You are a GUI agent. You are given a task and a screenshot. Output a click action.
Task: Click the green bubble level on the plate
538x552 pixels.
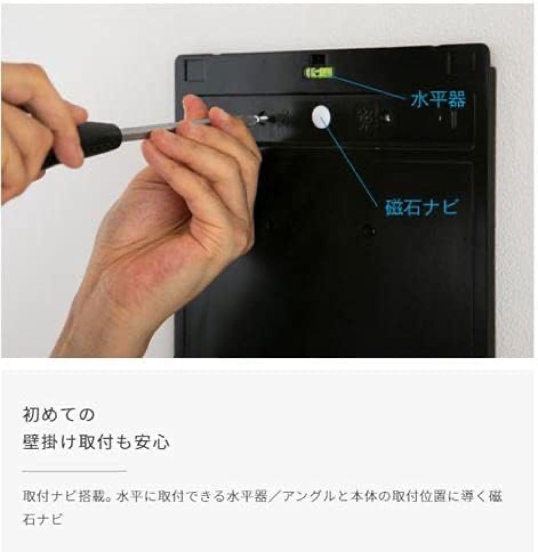pyautogui.click(x=319, y=73)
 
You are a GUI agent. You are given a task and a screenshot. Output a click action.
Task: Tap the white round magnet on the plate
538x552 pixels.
pyautogui.click(x=320, y=117)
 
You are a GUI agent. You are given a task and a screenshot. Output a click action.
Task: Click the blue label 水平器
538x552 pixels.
pyautogui.click(x=438, y=100)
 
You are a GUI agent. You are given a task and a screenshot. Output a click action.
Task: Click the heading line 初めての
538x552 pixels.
pyautogui.click(x=59, y=414)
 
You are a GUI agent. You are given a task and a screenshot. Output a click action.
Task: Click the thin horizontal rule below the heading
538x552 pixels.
pyautogui.click(x=74, y=471)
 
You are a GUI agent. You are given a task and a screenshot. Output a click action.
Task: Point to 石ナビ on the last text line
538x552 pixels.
pyautogui.click(x=43, y=520)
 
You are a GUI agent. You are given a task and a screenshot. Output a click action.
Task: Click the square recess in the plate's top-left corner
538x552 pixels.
pyautogui.click(x=195, y=70)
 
